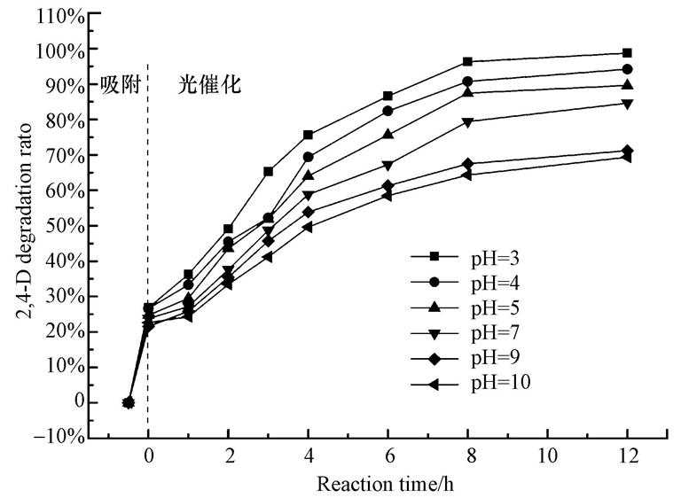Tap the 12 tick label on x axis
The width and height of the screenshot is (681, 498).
coord(627,460)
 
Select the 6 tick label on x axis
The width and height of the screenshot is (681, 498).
coord(388,460)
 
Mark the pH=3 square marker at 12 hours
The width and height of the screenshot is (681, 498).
coord(627,53)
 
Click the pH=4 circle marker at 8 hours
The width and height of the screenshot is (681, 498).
coord(467,82)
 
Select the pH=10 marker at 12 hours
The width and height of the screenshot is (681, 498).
coord(627,157)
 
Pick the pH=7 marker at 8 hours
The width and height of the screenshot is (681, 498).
coord(467,122)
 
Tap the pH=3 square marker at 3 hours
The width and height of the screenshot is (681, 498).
coord(269,171)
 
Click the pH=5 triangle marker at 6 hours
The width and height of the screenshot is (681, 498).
coord(388,135)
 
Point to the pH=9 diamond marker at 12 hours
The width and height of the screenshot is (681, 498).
coord(627,151)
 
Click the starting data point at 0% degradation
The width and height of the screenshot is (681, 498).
coord(129,402)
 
